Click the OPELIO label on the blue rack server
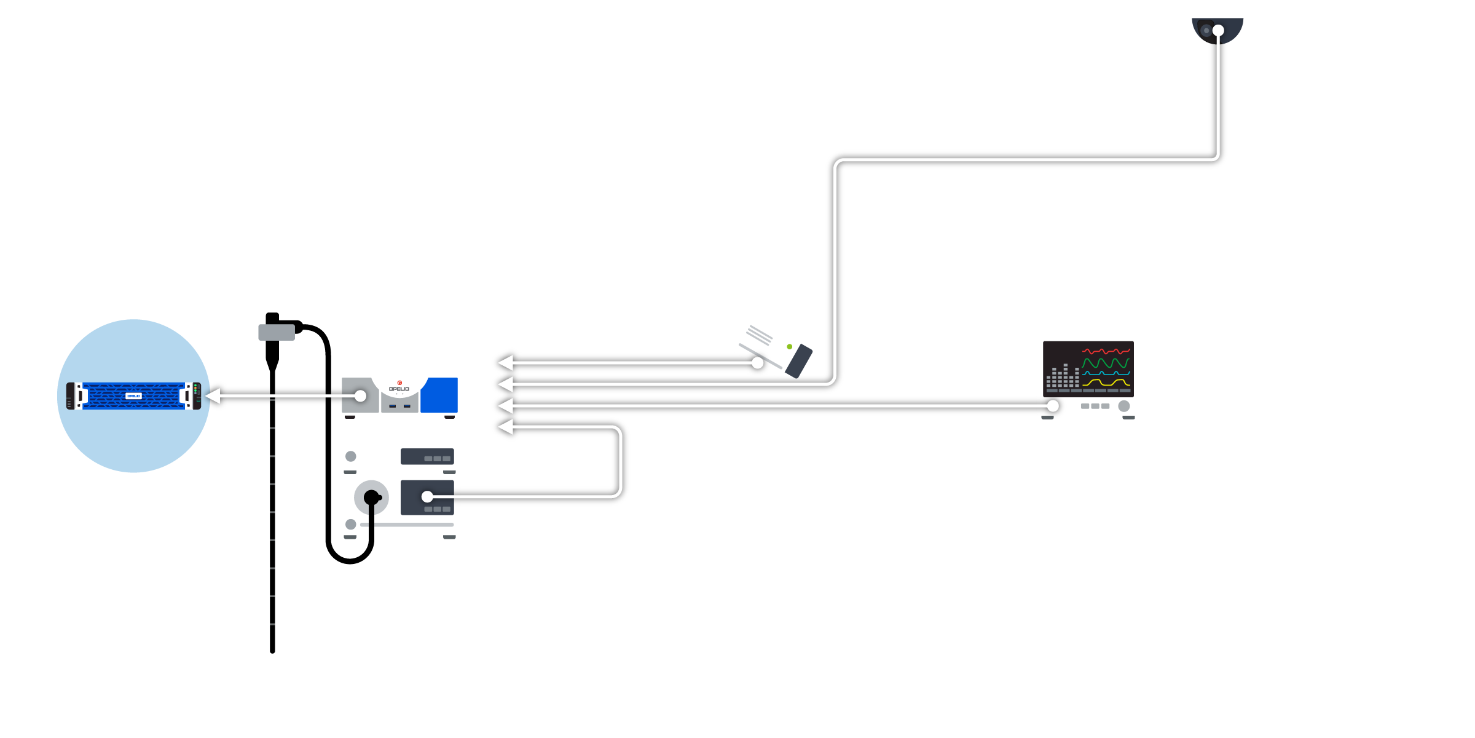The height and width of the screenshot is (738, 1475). pos(133,396)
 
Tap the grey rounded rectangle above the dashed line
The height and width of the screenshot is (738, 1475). pos(277,332)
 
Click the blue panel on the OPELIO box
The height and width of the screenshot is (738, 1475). pos(439,395)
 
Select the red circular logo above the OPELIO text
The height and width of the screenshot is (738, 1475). pos(399,383)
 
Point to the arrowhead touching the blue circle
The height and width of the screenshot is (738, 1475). pos(213,396)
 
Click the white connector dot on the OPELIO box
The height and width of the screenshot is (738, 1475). pos(361,396)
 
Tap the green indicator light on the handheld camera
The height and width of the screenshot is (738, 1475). pos(790,347)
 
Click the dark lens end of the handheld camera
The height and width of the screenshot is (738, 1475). pos(799,362)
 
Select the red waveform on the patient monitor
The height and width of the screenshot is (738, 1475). pos(1106,351)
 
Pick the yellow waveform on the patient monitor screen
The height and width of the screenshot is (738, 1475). pos(1106,383)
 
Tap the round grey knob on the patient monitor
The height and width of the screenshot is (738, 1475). pos(1124,406)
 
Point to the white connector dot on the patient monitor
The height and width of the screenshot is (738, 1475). pos(1053,406)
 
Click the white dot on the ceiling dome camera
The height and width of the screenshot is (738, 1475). pos(1218,30)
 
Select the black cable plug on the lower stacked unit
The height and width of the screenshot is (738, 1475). pos(371,498)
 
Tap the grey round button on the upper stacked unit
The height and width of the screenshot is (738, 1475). pos(351,456)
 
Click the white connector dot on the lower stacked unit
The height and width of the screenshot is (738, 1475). pos(427,496)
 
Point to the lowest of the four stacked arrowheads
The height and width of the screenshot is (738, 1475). pos(506,427)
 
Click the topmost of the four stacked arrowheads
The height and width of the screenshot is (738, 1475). pos(506,363)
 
